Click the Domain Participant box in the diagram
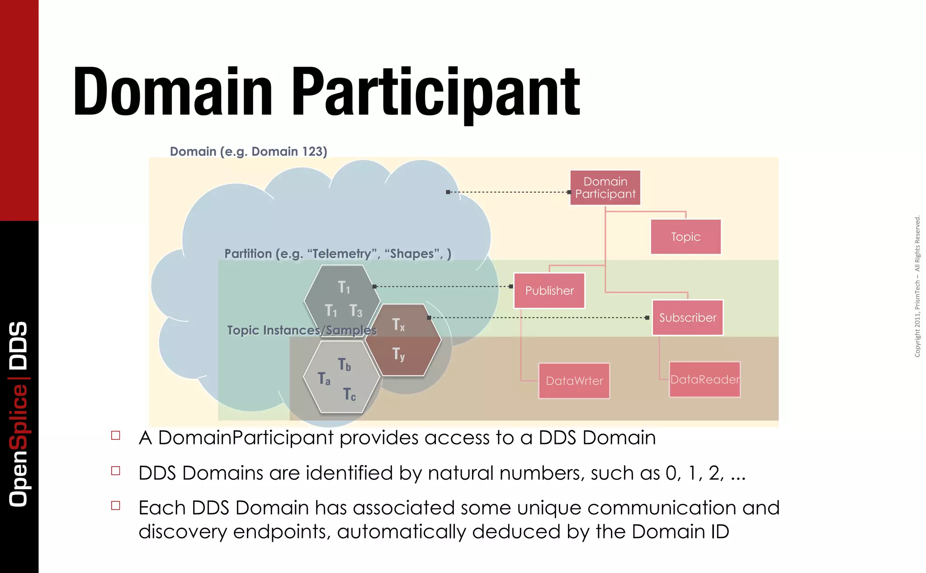[605, 188]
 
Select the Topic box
[685, 237]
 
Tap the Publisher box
[549, 291]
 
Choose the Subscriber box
[687, 318]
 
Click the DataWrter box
[574, 381]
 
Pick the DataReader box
[704, 379]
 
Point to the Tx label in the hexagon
[398, 325]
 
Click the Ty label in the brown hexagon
[398, 353]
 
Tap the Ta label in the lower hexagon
[324, 378]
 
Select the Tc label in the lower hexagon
[349, 394]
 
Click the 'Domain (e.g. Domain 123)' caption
[248, 151]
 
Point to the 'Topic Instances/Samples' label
[302, 330]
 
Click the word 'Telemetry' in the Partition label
[342, 253]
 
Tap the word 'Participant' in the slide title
[435, 93]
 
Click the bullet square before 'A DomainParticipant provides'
[116, 435]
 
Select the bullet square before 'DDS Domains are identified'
[116, 471]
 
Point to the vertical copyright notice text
[917, 286]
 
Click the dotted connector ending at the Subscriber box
[538, 318]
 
